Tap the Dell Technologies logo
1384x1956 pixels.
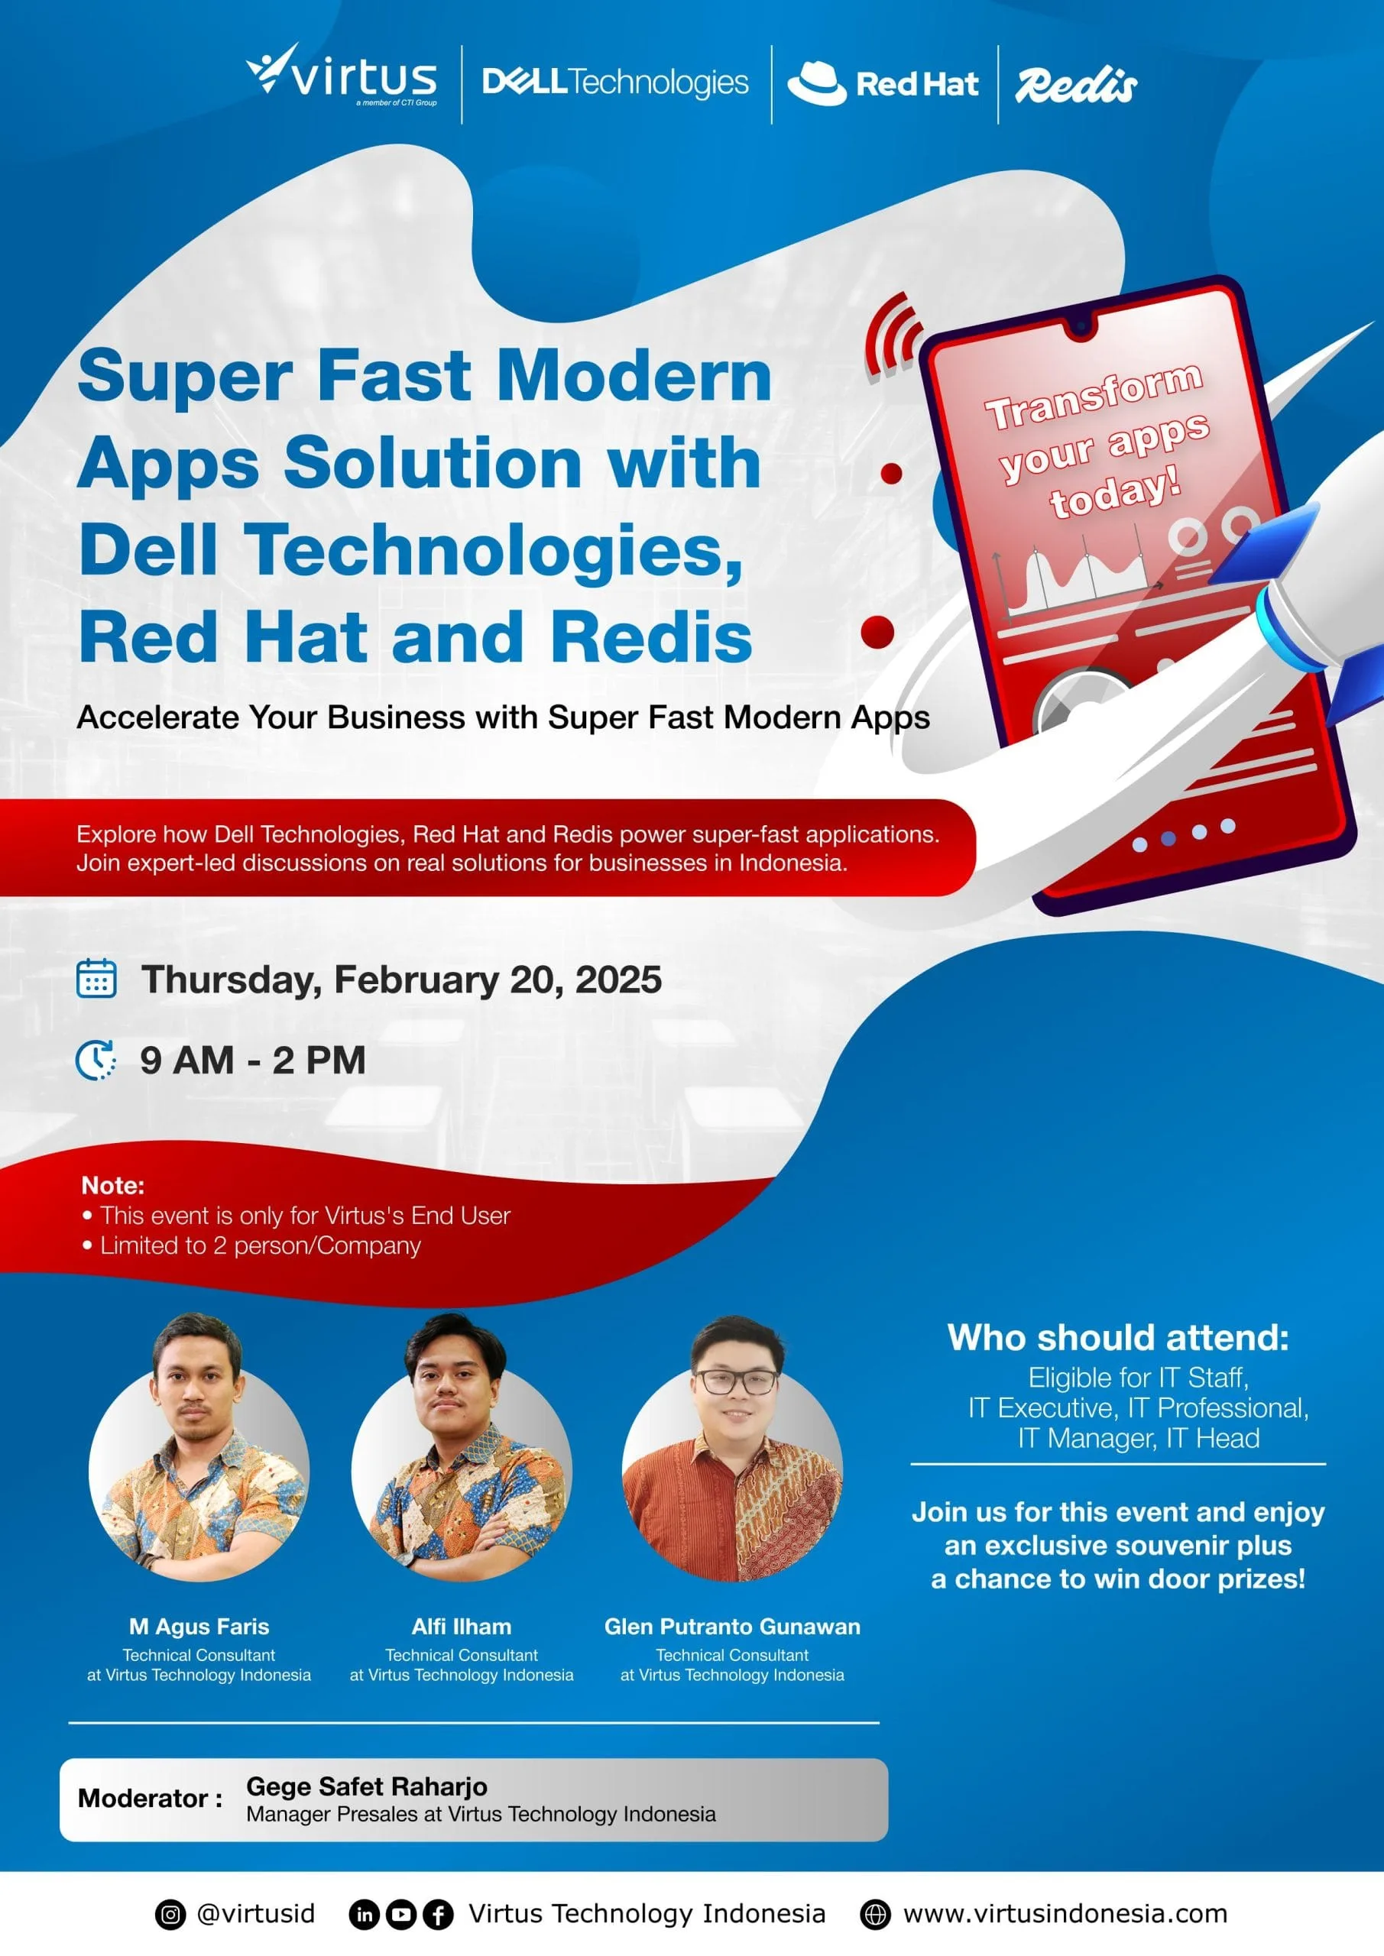point(615,83)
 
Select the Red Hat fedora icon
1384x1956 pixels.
point(816,83)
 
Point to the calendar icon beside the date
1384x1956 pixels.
point(96,978)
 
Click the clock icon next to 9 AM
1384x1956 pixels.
point(96,1060)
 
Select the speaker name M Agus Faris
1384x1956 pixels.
point(199,1627)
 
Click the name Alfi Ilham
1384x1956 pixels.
point(461,1627)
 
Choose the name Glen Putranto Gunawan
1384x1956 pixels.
point(732,1627)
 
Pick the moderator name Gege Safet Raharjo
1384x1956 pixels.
point(367,1786)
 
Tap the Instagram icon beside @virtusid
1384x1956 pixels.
point(170,1914)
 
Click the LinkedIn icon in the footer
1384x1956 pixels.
point(364,1914)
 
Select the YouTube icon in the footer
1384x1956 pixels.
point(400,1914)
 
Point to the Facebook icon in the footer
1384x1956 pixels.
point(438,1914)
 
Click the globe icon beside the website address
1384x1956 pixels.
point(875,1914)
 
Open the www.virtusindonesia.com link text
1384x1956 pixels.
point(1065,1913)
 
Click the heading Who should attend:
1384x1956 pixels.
point(1118,1338)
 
